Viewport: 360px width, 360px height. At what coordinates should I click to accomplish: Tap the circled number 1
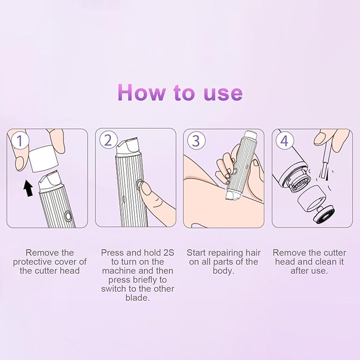[x=20, y=141]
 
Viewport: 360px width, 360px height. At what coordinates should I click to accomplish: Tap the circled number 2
[x=108, y=141]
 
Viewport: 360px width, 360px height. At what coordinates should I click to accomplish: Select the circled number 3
[x=196, y=141]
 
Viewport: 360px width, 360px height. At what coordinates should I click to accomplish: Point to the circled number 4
[x=284, y=141]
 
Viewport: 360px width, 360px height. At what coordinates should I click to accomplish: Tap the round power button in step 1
[x=68, y=216]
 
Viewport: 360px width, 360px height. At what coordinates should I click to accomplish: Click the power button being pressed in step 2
[x=140, y=185]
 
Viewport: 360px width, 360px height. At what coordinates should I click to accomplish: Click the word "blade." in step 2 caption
[x=137, y=298]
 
